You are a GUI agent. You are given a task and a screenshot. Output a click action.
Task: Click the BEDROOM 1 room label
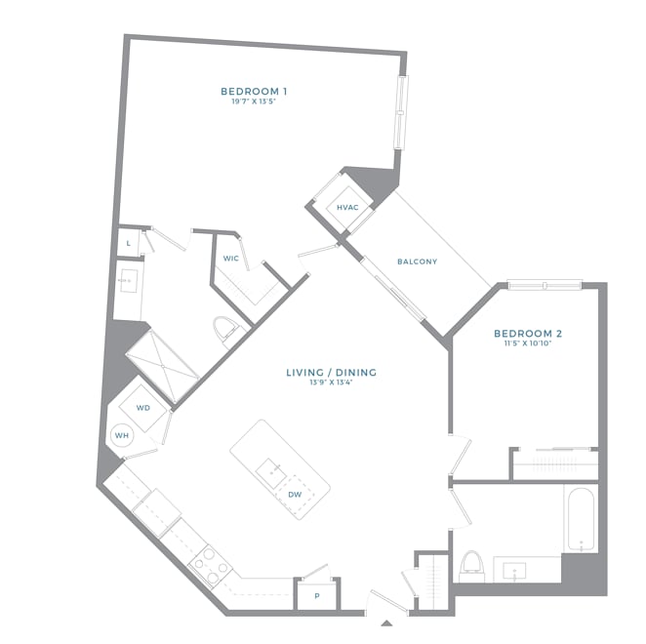pyautogui.click(x=254, y=92)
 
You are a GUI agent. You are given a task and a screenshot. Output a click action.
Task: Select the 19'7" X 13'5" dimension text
pyautogui.click(x=254, y=101)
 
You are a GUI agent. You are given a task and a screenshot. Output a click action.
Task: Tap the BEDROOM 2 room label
pyautogui.click(x=527, y=333)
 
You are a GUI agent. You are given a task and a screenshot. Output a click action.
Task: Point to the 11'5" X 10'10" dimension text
pyautogui.click(x=527, y=343)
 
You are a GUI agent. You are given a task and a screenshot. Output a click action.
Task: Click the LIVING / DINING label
pyautogui.click(x=331, y=372)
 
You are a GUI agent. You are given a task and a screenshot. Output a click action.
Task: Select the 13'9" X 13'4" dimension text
pyautogui.click(x=331, y=382)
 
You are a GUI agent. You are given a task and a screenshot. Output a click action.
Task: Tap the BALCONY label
pyautogui.click(x=417, y=262)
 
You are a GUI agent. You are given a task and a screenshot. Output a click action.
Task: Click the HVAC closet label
pyautogui.click(x=347, y=208)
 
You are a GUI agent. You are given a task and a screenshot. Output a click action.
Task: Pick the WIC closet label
pyautogui.click(x=231, y=259)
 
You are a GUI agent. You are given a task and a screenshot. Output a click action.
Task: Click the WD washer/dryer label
pyautogui.click(x=142, y=408)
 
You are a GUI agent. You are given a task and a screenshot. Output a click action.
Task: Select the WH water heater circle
pyautogui.click(x=122, y=435)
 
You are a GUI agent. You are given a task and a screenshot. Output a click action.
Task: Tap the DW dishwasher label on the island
pyautogui.click(x=295, y=495)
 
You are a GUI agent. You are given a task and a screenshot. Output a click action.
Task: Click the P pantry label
pyautogui.click(x=316, y=594)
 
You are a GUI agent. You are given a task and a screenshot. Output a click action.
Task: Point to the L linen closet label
pyautogui.click(x=129, y=242)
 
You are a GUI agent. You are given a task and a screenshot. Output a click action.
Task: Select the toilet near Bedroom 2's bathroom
pyautogui.click(x=471, y=566)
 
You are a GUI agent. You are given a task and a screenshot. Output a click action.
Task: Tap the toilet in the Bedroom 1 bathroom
pyautogui.click(x=225, y=329)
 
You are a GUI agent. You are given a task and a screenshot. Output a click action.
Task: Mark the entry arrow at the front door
pyautogui.click(x=386, y=622)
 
